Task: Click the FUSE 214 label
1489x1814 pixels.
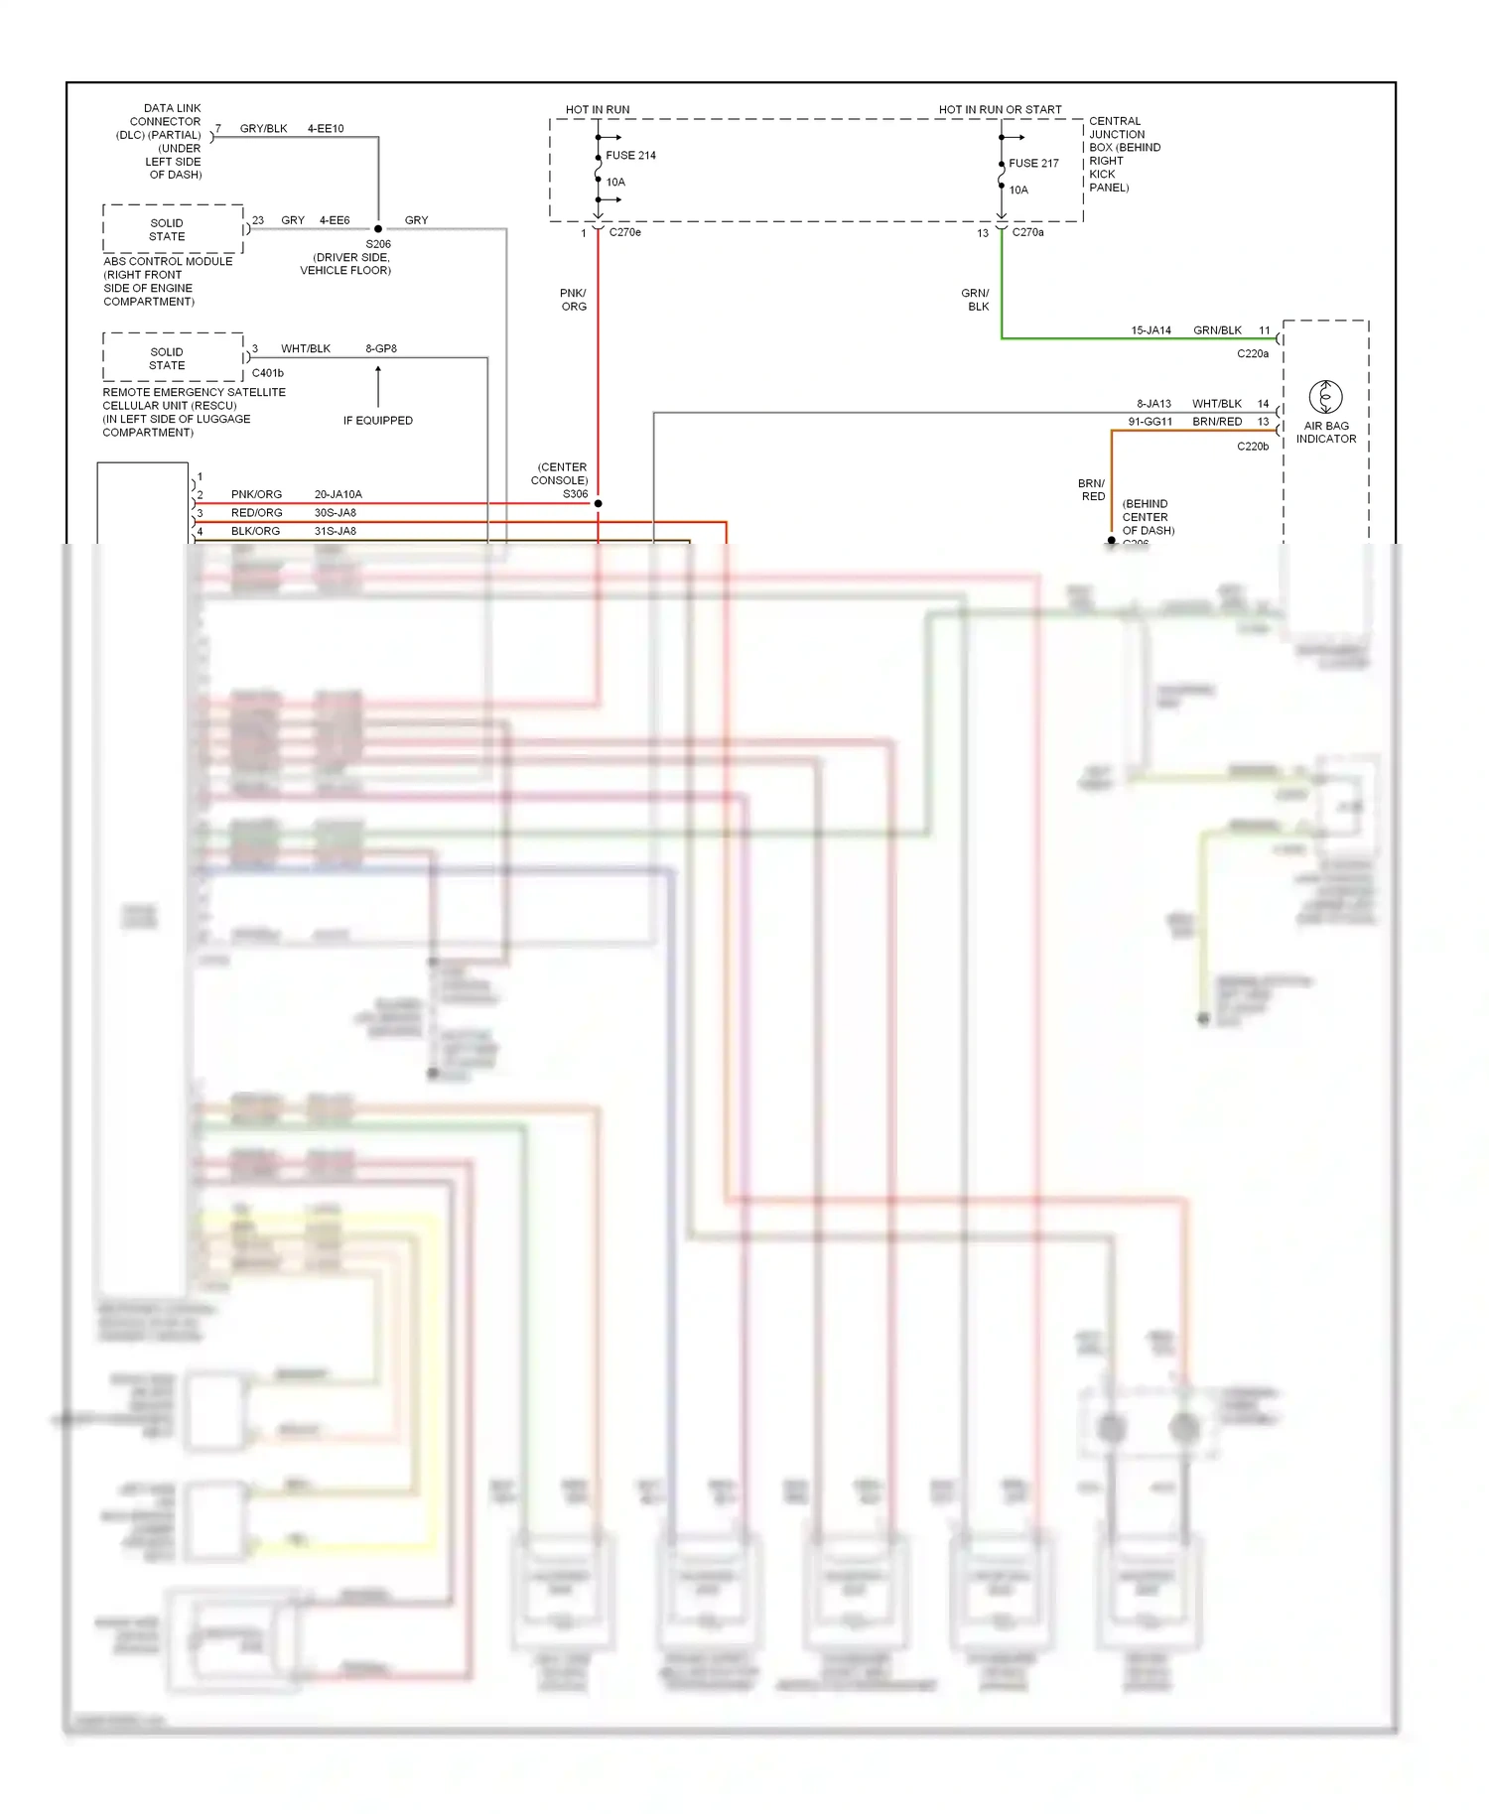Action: point(630,156)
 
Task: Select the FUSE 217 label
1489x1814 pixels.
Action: point(1033,164)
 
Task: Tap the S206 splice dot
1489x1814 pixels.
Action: point(378,229)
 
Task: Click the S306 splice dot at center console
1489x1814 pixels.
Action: point(599,504)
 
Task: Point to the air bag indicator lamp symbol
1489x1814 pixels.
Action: point(1325,397)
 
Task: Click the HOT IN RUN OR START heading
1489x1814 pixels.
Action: point(1000,110)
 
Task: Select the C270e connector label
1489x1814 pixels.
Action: point(625,232)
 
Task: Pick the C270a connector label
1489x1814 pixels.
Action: point(1028,232)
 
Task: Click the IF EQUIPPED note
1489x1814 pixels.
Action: point(378,421)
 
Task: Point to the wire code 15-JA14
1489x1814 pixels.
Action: point(1151,330)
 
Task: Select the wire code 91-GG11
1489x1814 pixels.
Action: point(1150,422)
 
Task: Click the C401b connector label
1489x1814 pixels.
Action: point(268,373)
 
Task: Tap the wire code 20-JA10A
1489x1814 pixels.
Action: point(338,494)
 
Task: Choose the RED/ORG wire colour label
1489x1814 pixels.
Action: point(256,513)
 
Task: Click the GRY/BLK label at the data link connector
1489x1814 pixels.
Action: point(263,129)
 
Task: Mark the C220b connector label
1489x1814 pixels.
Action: point(1253,447)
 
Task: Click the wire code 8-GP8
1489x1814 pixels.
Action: point(381,349)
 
